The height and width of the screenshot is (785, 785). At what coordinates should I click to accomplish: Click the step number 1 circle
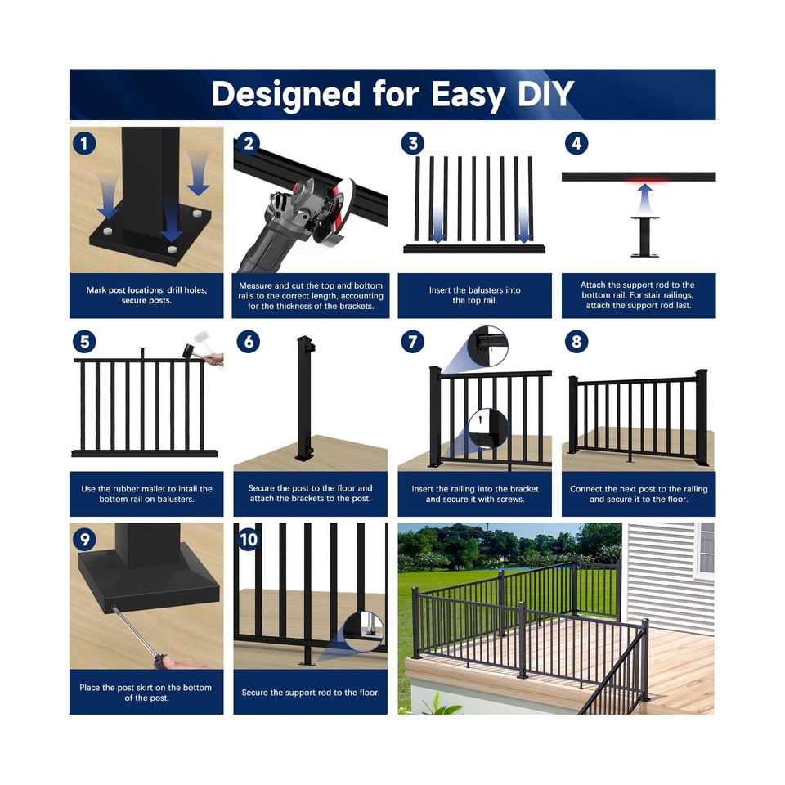(x=83, y=144)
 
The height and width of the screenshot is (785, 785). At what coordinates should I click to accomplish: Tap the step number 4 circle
(x=576, y=144)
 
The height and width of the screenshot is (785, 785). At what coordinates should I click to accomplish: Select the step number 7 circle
(x=412, y=341)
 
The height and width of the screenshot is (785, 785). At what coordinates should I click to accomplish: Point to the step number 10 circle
(x=249, y=540)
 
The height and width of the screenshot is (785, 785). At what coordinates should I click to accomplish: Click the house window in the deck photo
(x=706, y=548)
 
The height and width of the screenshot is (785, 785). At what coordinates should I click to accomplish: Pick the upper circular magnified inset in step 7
(x=487, y=346)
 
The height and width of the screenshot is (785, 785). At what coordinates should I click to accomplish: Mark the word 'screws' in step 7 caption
(x=505, y=500)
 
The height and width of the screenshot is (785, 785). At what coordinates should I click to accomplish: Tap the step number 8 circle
(x=576, y=341)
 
